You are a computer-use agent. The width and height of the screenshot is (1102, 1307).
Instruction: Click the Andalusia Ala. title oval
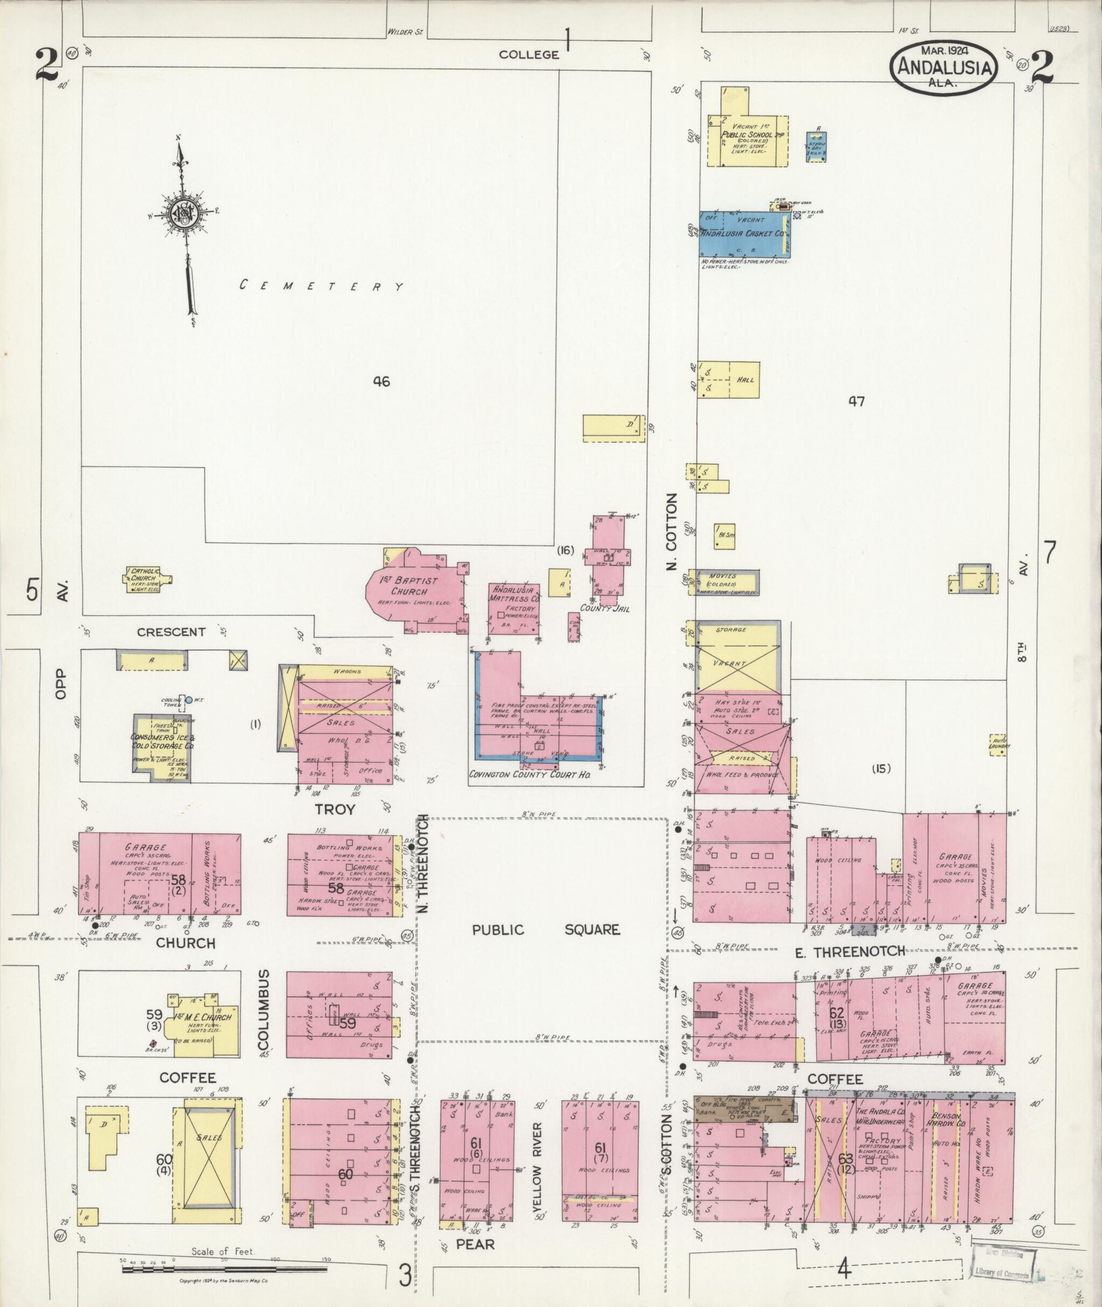(x=943, y=68)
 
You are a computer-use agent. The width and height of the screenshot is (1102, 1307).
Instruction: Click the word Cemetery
(x=322, y=286)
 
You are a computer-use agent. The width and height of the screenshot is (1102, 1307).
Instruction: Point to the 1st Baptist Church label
(x=409, y=586)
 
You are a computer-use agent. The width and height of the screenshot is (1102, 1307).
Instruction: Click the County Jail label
(x=605, y=607)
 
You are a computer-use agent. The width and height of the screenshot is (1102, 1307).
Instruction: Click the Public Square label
(x=546, y=929)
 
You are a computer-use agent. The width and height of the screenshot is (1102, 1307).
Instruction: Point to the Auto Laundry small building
(x=997, y=744)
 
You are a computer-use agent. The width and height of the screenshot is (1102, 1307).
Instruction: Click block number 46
(x=381, y=381)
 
